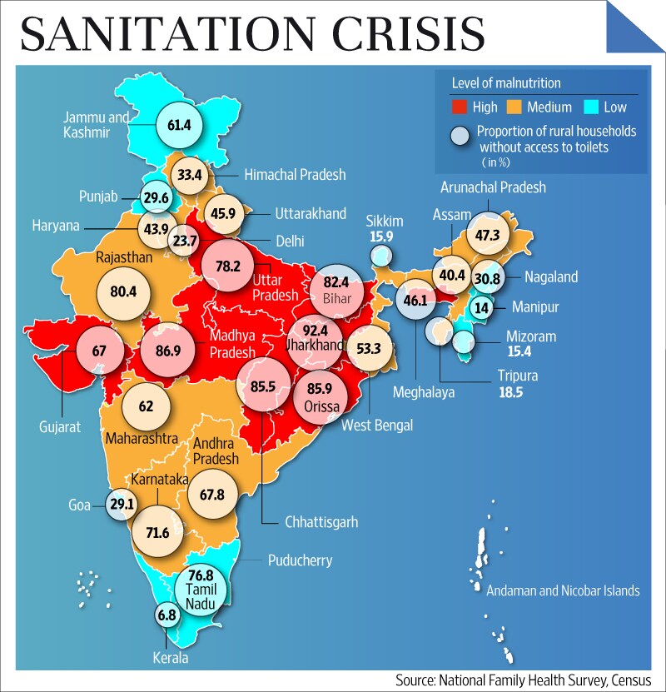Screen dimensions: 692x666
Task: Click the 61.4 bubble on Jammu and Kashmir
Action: pyautogui.click(x=180, y=126)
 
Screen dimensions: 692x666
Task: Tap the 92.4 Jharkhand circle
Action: pyautogui.click(x=316, y=340)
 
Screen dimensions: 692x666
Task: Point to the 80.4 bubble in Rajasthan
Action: pyautogui.click(x=124, y=292)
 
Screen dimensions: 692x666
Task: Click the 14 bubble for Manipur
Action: pyautogui.click(x=480, y=306)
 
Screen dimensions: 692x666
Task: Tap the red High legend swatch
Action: pyautogui.click(x=459, y=107)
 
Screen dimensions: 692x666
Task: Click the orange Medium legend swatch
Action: pyautogui.click(x=513, y=107)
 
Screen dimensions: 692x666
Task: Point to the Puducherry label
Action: pyautogui.click(x=300, y=560)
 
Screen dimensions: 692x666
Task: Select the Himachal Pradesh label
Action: pyautogui.click(x=295, y=175)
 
